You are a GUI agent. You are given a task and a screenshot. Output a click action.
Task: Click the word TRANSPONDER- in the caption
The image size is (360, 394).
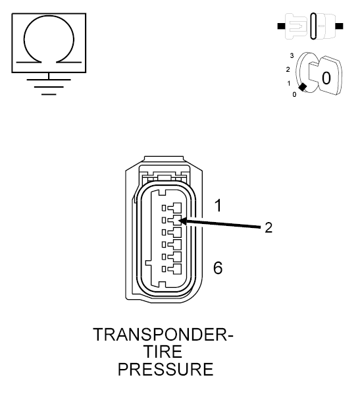click(x=164, y=335)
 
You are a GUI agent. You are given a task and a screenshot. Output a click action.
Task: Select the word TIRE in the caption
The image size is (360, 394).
click(x=165, y=352)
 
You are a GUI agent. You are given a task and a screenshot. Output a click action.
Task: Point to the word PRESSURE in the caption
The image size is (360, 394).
click(x=165, y=370)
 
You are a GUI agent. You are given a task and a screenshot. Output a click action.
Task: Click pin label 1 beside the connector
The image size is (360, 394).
click(x=219, y=206)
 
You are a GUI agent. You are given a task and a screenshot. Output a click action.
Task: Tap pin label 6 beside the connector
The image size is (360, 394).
click(x=219, y=267)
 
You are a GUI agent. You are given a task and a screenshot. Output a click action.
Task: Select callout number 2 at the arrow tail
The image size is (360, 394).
click(x=269, y=228)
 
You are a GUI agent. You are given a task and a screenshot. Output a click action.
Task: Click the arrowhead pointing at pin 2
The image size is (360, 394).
click(x=180, y=221)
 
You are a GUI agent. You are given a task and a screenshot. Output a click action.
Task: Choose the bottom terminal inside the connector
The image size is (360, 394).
click(x=172, y=269)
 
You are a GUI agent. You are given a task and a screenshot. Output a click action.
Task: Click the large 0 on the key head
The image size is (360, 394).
click(x=326, y=78)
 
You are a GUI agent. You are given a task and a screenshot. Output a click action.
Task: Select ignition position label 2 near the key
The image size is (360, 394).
click(x=287, y=69)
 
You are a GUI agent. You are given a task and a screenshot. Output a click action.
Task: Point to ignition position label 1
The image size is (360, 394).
click(x=289, y=84)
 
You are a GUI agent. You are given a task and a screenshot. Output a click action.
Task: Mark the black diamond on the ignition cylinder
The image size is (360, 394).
click(x=303, y=87)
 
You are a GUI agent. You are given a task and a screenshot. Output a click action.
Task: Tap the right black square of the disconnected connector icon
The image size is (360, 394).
click(x=339, y=27)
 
